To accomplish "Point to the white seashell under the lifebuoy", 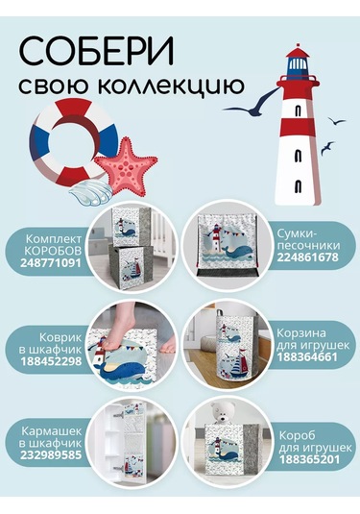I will click(x=89, y=188).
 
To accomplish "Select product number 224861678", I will click(x=308, y=257).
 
